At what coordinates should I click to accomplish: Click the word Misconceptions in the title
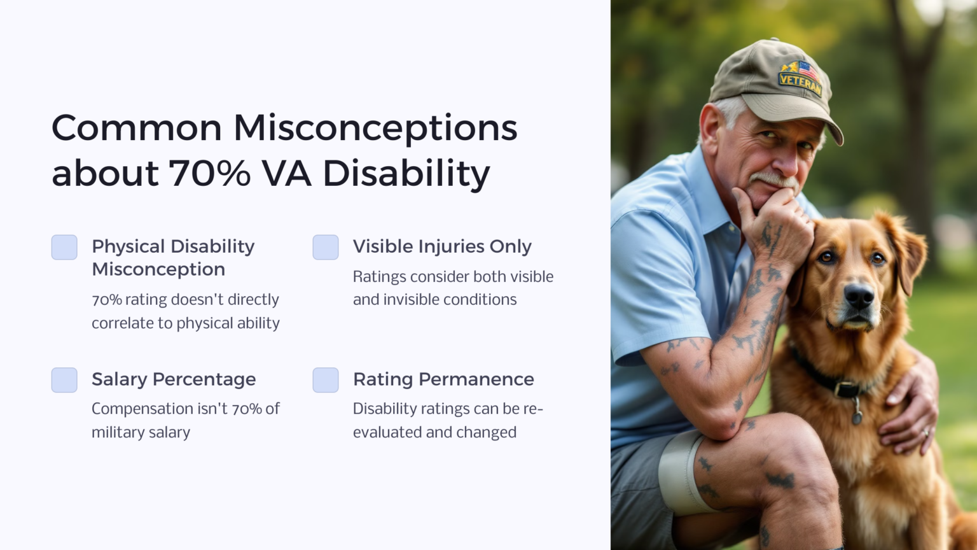coord(375,128)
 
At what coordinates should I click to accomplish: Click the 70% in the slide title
coord(209,174)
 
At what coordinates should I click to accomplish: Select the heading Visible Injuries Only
coord(442,246)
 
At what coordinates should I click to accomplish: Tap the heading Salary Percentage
coord(174,379)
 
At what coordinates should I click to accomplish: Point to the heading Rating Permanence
coord(443,379)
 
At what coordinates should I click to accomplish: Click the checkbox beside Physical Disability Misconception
coord(64,248)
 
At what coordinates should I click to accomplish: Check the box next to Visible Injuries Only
coord(326,248)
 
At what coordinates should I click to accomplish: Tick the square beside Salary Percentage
coord(64,380)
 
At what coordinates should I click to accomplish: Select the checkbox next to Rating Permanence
coord(326,380)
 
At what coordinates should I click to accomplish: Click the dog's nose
coord(859,296)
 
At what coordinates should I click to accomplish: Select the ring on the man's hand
coord(925,432)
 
